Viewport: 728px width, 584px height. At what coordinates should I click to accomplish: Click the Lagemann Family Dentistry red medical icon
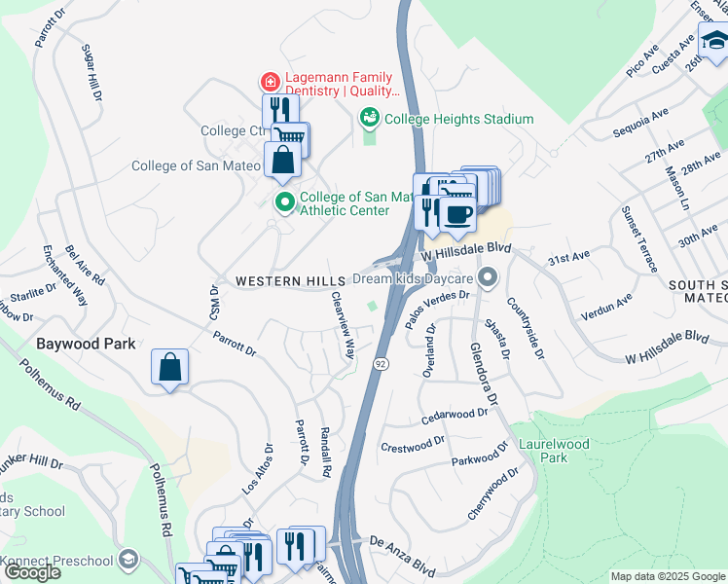pyautogui.click(x=268, y=82)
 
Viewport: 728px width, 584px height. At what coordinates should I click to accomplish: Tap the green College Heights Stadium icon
pyautogui.click(x=370, y=119)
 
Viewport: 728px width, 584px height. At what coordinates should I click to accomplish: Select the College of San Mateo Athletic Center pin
pyautogui.click(x=284, y=203)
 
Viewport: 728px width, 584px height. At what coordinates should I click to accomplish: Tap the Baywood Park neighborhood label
pyautogui.click(x=86, y=344)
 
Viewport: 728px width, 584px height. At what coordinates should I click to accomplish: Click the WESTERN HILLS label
pyautogui.click(x=283, y=280)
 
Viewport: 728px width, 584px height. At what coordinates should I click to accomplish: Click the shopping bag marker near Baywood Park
pyautogui.click(x=169, y=368)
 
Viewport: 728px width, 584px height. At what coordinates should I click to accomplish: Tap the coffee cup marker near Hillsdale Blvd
pyautogui.click(x=457, y=213)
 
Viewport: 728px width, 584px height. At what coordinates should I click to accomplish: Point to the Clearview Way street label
pyautogui.click(x=342, y=326)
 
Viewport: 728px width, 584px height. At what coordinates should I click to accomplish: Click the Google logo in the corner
pyautogui.click(x=32, y=572)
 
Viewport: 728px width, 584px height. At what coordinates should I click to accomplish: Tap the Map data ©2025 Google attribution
pyautogui.click(x=667, y=576)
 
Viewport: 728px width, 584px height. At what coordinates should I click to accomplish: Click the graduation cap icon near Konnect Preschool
pyautogui.click(x=128, y=560)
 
